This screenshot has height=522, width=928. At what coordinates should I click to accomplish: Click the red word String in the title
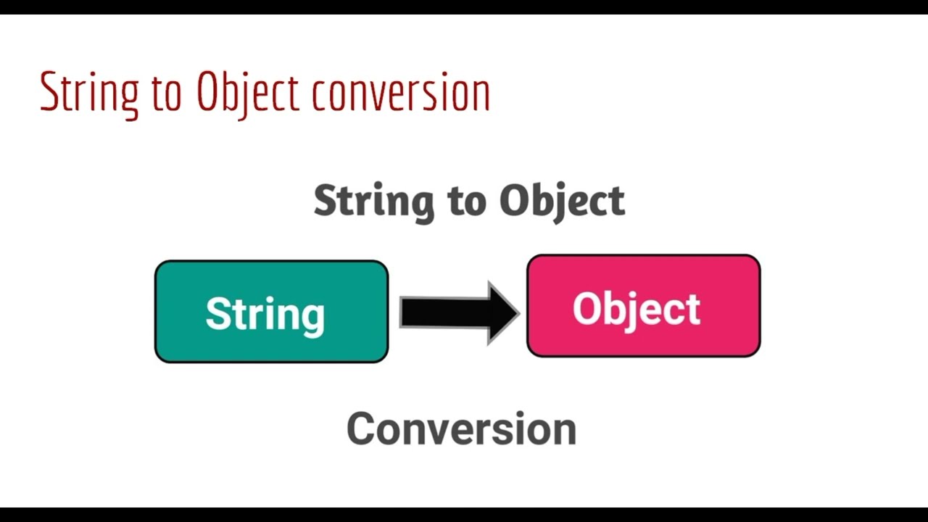point(89,93)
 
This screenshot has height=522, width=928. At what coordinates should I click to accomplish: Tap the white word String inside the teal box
point(265,314)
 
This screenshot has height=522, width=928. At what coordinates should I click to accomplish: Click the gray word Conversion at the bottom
point(461,428)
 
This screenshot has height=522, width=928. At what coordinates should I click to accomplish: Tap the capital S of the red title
point(49,92)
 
